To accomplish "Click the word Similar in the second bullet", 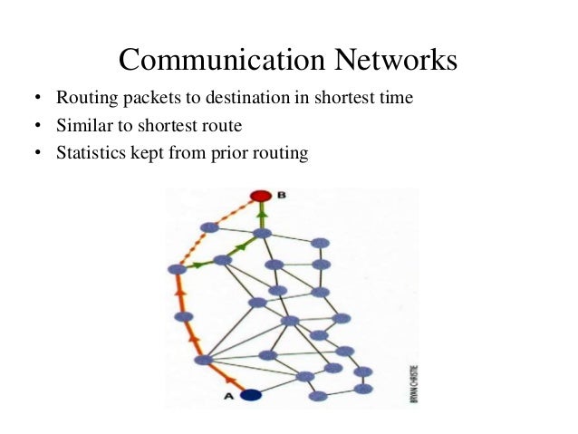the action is (80, 126).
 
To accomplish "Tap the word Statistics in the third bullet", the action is (89, 153).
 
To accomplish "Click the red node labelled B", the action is (261, 196).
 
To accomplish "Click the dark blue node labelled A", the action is (251, 394).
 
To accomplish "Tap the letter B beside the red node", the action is (282, 195).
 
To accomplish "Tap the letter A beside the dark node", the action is (228, 395).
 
